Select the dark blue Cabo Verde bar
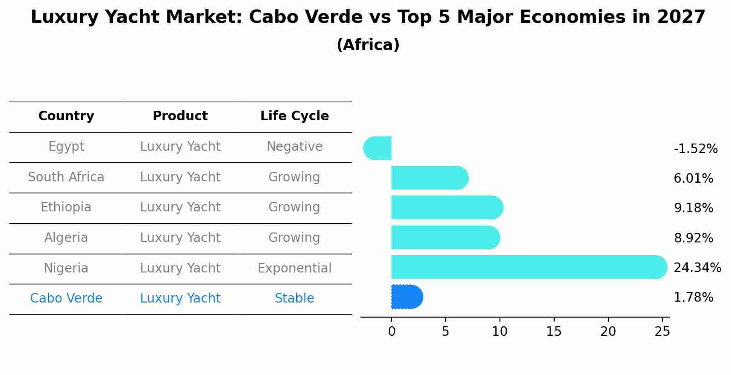point(407,297)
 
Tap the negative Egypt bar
point(378,148)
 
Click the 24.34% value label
point(697,267)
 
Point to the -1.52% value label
point(695,149)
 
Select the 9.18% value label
point(693,208)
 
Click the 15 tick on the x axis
point(554,332)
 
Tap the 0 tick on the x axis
point(391,332)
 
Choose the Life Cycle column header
point(294,116)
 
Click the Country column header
point(66,116)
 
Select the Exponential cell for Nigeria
point(294,268)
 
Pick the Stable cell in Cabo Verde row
point(294,298)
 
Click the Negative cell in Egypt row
point(294,147)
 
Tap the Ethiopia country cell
point(66,207)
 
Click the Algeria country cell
point(66,238)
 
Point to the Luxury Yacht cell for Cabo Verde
point(180,298)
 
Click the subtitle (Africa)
point(368,45)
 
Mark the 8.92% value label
point(693,238)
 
